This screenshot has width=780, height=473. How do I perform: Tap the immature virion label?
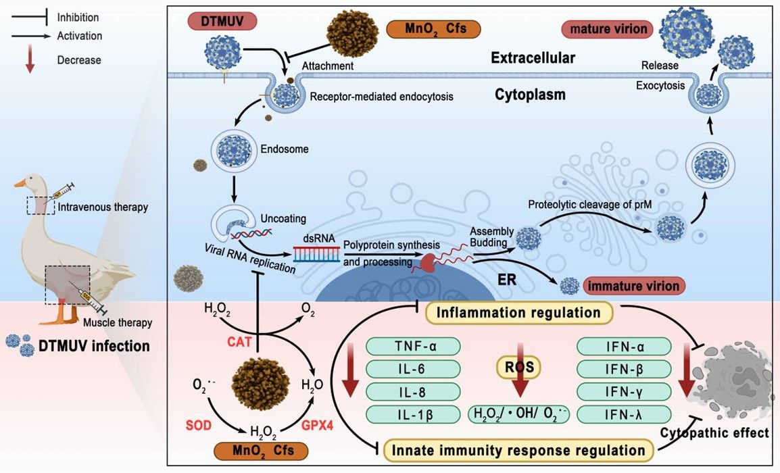tap(633, 286)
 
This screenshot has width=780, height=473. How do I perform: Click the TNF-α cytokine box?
tap(413, 347)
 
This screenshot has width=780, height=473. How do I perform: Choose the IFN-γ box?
tap(624, 391)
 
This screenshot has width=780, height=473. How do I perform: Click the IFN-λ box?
tap(624, 414)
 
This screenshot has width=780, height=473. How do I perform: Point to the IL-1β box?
tap(413, 414)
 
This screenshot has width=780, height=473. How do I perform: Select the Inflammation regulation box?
tap(518, 313)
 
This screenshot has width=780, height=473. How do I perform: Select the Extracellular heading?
tap(533, 58)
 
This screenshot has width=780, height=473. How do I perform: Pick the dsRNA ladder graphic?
tap(316, 253)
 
